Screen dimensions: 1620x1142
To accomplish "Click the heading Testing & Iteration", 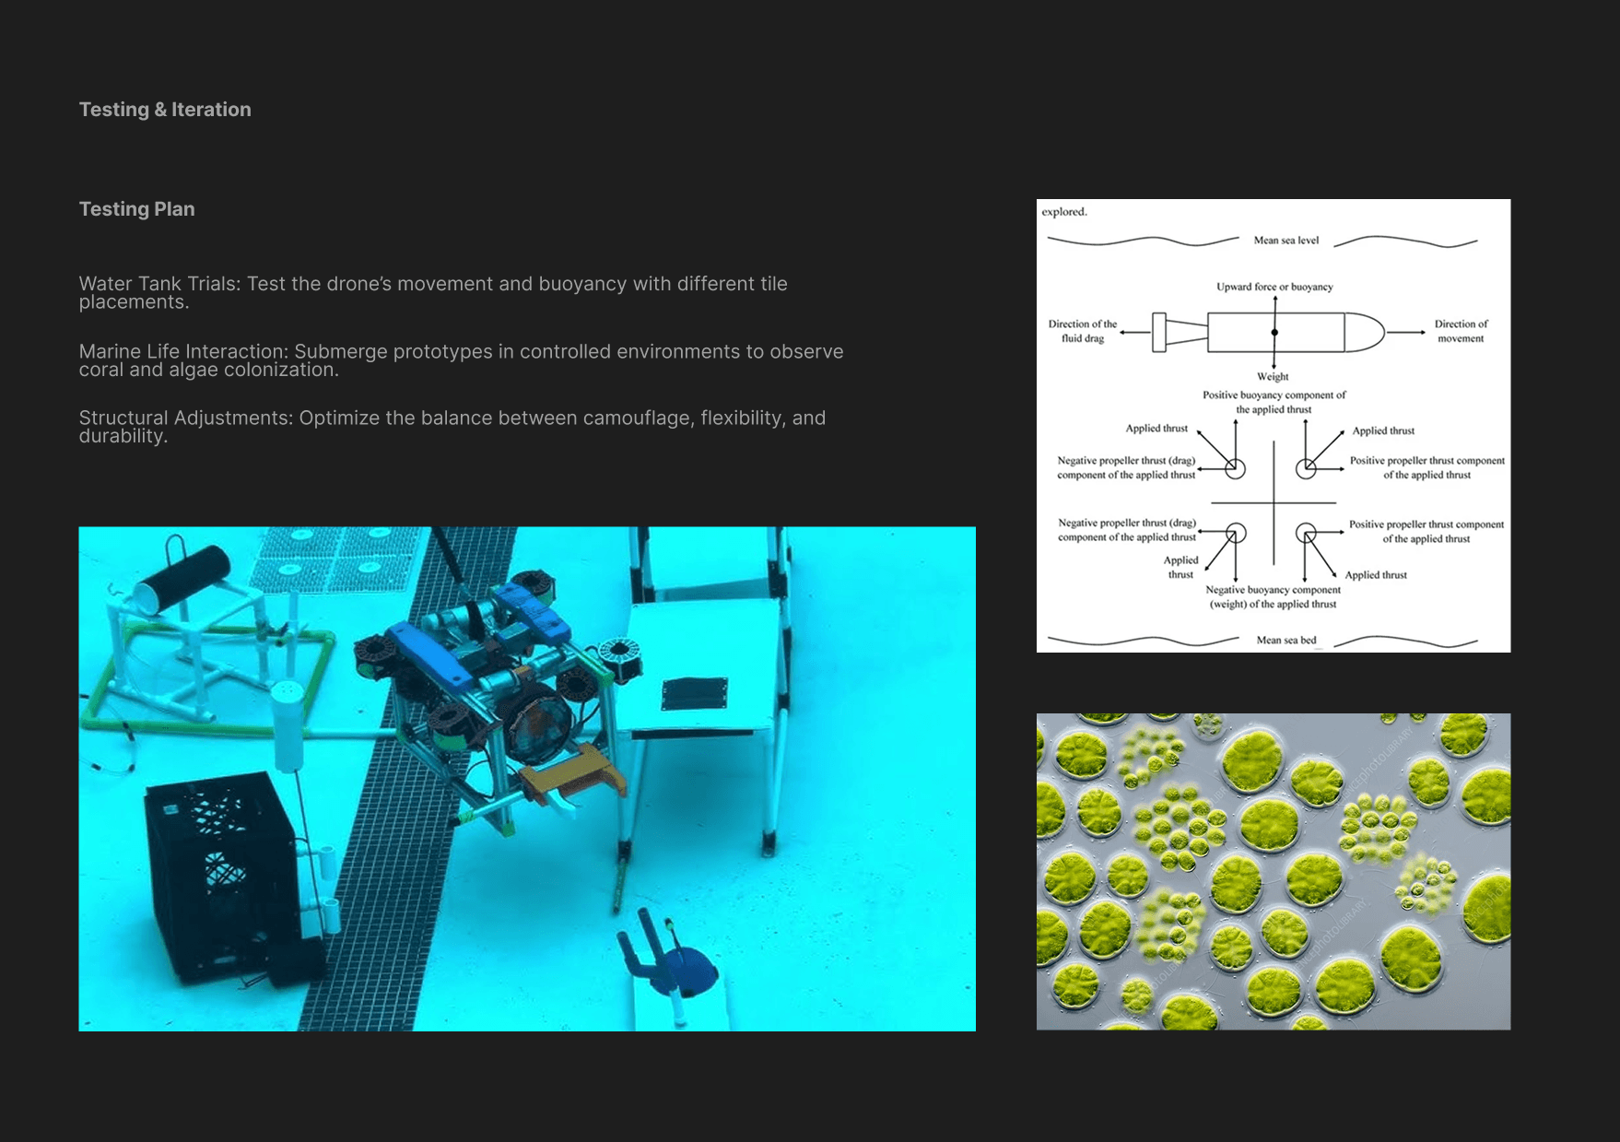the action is click(165, 110).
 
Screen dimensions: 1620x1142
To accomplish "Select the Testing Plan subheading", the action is click(137, 209).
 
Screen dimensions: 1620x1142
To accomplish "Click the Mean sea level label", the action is click(1286, 241).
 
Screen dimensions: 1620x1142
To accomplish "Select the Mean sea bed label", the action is click(1286, 640).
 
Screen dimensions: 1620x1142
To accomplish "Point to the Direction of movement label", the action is click(1461, 331).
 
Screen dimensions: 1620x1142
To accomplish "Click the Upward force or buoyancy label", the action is click(1274, 287).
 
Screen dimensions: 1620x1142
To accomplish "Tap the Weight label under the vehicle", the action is click(1273, 376).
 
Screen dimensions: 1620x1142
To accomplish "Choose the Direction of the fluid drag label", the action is click(1083, 331).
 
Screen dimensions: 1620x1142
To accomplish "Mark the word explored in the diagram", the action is click(1064, 212).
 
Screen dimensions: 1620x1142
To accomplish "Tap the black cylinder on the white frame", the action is click(182, 578).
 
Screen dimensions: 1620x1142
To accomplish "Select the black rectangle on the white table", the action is click(694, 693).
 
